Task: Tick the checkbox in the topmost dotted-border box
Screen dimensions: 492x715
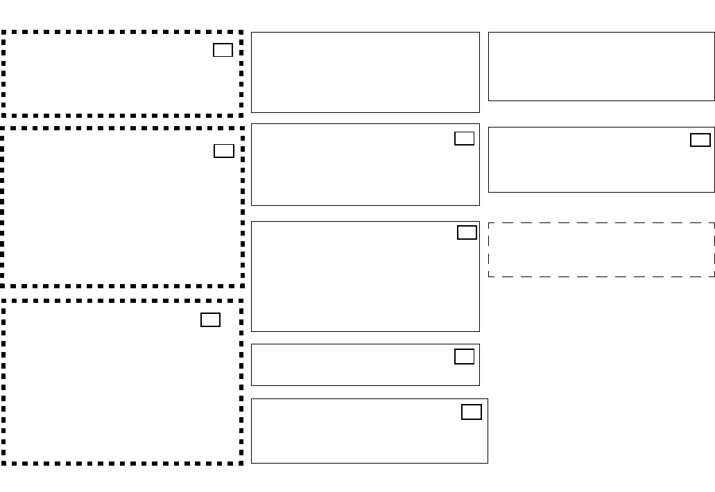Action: pyautogui.click(x=223, y=50)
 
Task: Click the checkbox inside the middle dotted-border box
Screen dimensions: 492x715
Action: pyautogui.click(x=224, y=151)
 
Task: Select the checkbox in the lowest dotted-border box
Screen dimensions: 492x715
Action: pyautogui.click(x=211, y=319)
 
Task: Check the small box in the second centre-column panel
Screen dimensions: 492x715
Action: pyautogui.click(x=465, y=139)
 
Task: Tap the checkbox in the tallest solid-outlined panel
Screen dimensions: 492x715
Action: pyautogui.click(x=467, y=232)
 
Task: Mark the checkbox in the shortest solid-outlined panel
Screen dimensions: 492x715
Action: pyautogui.click(x=465, y=357)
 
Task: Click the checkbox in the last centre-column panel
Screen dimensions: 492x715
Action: pyautogui.click(x=472, y=412)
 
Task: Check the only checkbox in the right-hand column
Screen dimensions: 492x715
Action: pyautogui.click(x=700, y=140)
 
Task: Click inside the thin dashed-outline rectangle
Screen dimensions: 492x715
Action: pyautogui.click(x=601, y=249)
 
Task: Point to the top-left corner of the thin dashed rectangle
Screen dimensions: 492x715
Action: pyautogui.click(x=489, y=223)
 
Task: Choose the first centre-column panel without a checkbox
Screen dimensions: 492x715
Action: pyautogui.click(x=365, y=72)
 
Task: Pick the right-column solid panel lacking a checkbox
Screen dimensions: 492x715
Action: pyautogui.click(x=601, y=67)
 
